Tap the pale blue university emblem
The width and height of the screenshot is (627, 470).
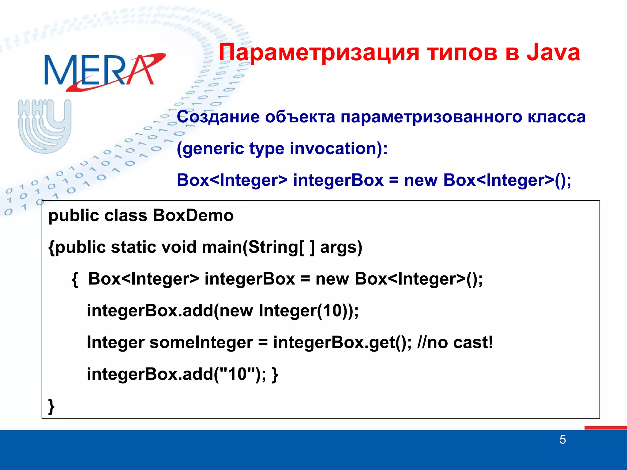pyautogui.click(x=45, y=125)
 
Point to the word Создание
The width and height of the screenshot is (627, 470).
pyautogui.click(x=218, y=117)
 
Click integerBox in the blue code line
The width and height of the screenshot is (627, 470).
pyautogui.click(x=338, y=180)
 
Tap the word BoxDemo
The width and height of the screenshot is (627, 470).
pyautogui.click(x=193, y=215)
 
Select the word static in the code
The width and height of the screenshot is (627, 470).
pyautogui.click(x=133, y=247)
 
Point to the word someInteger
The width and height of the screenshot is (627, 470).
pyautogui.click(x=201, y=342)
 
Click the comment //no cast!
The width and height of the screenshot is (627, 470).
pyautogui.click(x=455, y=342)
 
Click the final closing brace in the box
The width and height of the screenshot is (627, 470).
pyautogui.click(x=51, y=406)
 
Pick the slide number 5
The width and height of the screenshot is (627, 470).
pyautogui.click(x=562, y=440)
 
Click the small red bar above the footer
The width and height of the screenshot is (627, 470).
pyautogui.click(x=605, y=427)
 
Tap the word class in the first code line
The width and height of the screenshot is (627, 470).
pyautogui.click(x=126, y=215)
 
